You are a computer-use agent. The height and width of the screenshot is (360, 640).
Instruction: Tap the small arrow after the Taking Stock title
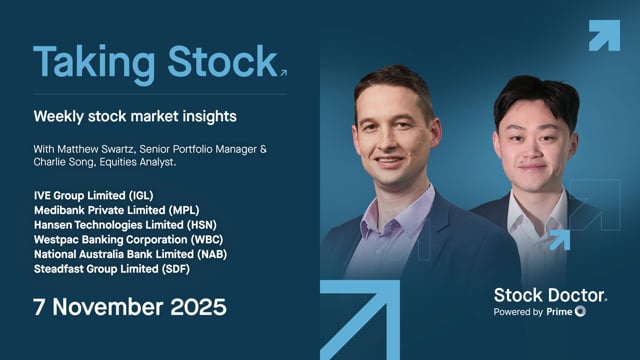[x=283, y=72]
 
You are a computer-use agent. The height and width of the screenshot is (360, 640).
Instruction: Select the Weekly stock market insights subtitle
[x=135, y=117]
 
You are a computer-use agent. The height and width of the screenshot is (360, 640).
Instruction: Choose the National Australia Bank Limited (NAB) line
[x=137, y=254]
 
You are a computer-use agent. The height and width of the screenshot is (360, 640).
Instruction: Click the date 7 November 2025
[x=130, y=307]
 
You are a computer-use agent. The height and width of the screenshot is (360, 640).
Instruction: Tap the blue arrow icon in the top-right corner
[x=603, y=35]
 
